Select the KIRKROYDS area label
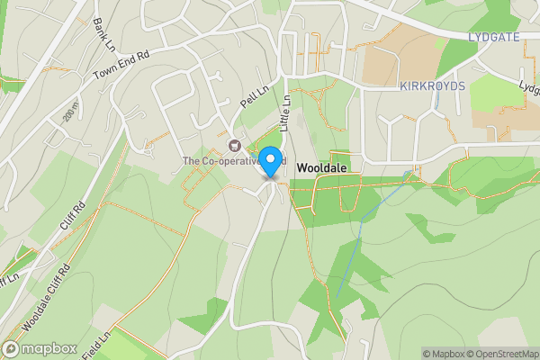point(432,85)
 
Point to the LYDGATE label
point(495,36)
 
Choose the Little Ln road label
point(287,111)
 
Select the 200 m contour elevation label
point(69,112)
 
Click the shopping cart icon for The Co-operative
point(235,145)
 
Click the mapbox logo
point(38,349)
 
